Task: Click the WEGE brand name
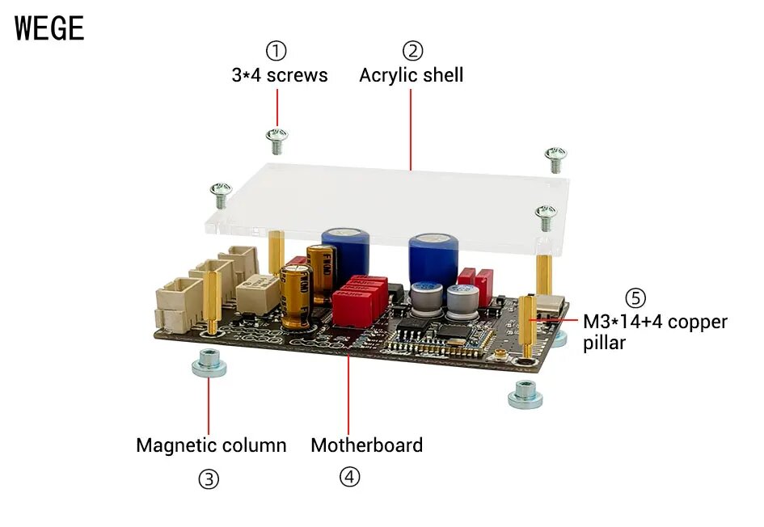[x=49, y=28]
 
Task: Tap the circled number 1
[x=277, y=51]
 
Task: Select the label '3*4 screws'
[x=280, y=75]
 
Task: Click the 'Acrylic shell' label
[x=411, y=75]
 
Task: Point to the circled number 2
[x=413, y=51]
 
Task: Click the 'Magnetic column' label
[x=211, y=445]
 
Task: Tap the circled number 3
[x=209, y=479]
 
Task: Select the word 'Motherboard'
[x=366, y=445]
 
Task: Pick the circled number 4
[x=348, y=477]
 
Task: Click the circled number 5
[x=635, y=297]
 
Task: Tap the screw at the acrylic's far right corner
[x=555, y=158]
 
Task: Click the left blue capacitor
[x=346, y=251]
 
